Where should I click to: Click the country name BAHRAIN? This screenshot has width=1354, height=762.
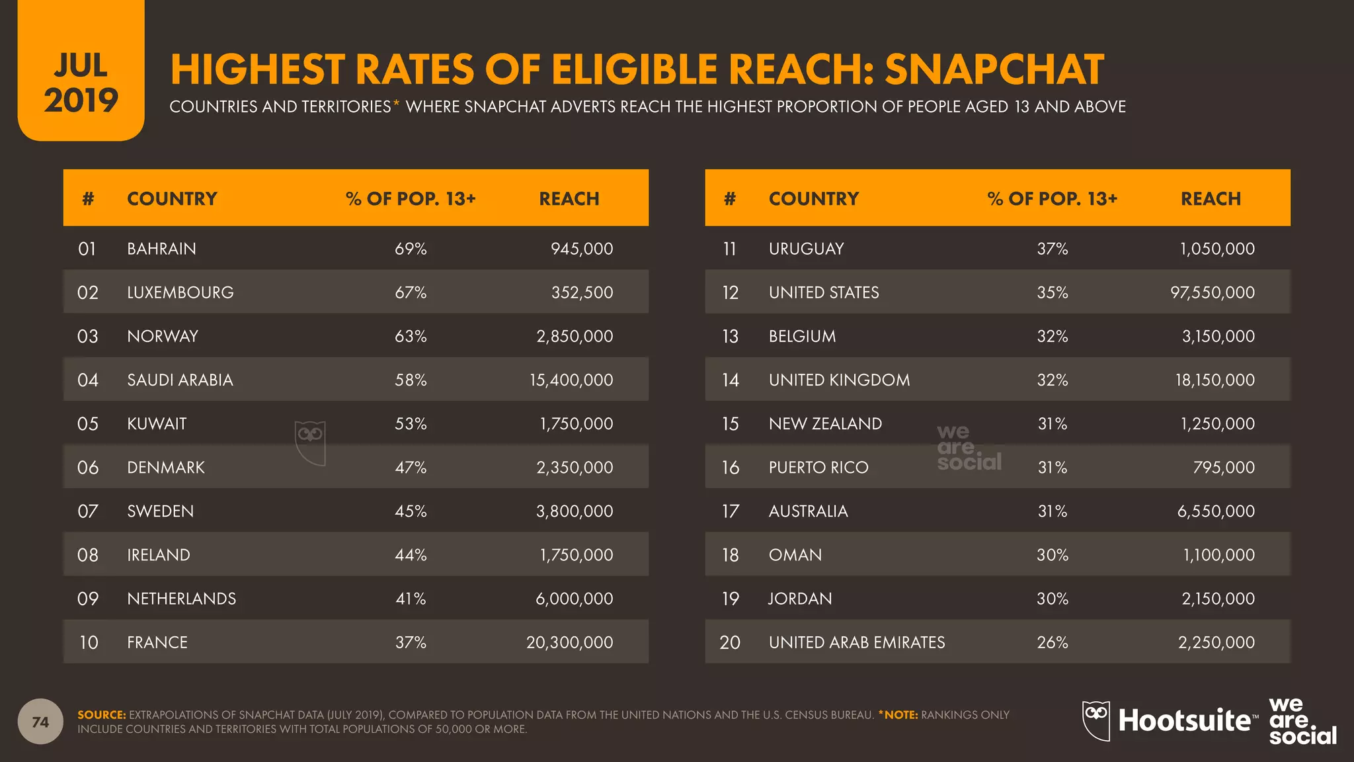[x=161, y=249]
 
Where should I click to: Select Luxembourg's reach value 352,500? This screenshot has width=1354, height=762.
[x=582, y=292]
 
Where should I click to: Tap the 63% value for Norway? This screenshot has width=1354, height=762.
[x=411, y=336]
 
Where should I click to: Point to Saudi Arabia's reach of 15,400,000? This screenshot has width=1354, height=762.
[x=571, y=380]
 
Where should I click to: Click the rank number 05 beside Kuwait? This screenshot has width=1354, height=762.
[x=87, y=423]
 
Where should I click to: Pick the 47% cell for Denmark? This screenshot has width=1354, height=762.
[x=411, y=467]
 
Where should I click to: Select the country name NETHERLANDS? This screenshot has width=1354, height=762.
[x=181, y=599]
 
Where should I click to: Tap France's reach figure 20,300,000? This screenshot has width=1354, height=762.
[x=569, y=642]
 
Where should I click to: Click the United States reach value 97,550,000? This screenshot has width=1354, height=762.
[x=1212, y=292]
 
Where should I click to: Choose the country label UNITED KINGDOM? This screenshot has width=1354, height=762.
[x=839, y=380]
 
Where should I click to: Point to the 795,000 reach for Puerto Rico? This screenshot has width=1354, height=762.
[x=1223, y=467]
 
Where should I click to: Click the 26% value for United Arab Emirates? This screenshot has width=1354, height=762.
[x=1052, y=642]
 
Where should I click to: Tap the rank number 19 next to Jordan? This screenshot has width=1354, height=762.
[x=730, y=599]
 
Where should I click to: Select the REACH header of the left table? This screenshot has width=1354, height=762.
[x=569, y=198]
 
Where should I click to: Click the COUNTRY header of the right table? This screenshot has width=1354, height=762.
[x=813, y=198]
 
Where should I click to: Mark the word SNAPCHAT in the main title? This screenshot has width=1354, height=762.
[x=994, y=69]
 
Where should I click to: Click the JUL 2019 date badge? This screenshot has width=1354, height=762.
[x=81, y=83]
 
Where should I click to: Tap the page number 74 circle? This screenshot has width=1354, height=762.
[x=40, y=722]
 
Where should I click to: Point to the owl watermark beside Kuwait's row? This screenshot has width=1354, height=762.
[x=310, y=443]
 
